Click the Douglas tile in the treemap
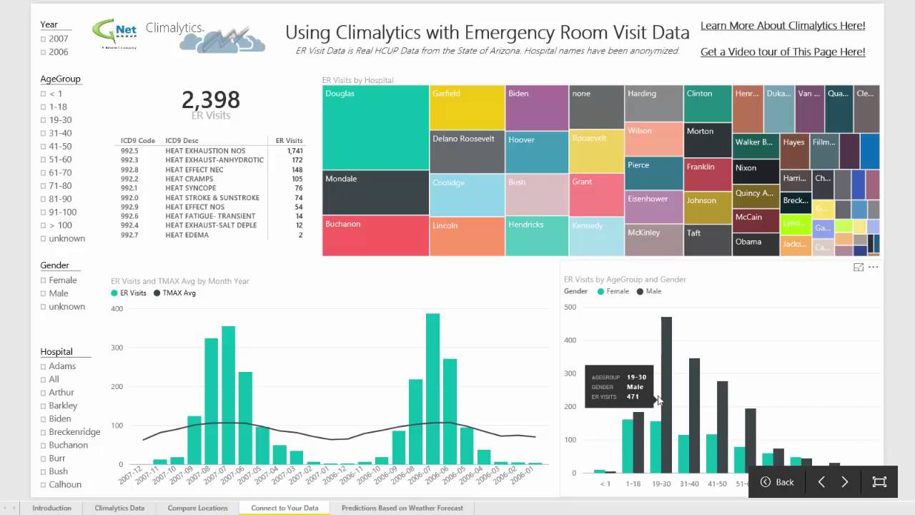[x=375, y=127]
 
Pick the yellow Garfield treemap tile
[x=467, y=107]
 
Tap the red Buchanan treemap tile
[x=375, y=235]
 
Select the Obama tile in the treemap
[x=755, y=244]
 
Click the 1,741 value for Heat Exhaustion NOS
[x=295, y=151]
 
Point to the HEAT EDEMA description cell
[x=187, y=235]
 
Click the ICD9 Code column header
[x=138, y=141]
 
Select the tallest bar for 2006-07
[x=432, y=390]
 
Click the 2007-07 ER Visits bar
[x=228, y=396]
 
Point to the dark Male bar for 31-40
[x=694, y=415]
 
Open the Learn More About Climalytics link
[x=782, y=26]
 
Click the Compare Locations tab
[x=197, y=508]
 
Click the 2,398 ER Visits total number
[x=210, y=100]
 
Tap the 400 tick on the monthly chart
[x=117, y=309]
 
